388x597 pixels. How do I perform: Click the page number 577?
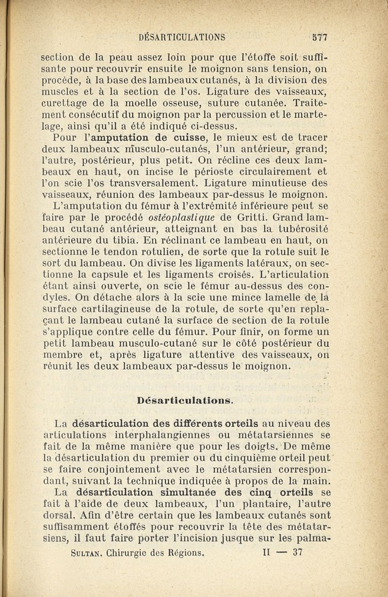point(320,36)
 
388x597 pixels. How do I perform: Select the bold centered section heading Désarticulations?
point(186,401)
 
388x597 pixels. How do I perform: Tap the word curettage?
point(65,103)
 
